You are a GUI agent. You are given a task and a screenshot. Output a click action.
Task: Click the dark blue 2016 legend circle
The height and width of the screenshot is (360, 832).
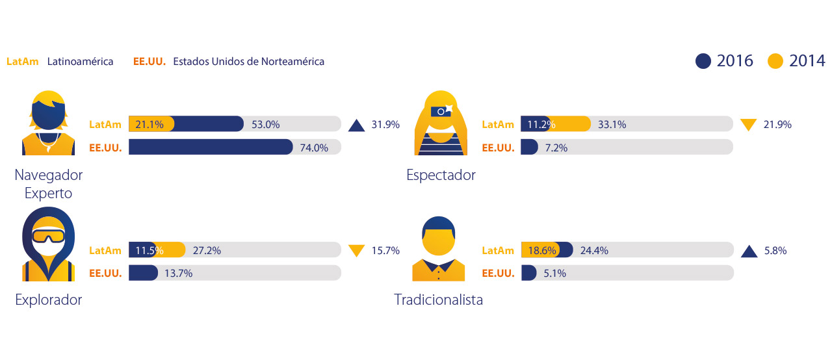point(703,61)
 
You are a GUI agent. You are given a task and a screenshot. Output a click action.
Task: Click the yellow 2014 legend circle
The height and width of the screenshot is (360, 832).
point(775,61)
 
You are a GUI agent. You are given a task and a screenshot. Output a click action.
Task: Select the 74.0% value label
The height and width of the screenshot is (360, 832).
point(315,148)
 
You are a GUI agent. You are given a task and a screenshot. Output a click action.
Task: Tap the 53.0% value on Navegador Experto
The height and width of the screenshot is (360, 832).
point(266,124)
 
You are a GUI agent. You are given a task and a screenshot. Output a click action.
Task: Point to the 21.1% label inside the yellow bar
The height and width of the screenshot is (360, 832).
point(151,124)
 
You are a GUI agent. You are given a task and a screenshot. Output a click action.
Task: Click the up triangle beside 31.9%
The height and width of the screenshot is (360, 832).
point(356,125)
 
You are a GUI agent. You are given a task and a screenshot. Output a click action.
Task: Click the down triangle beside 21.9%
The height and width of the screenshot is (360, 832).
point(749,124)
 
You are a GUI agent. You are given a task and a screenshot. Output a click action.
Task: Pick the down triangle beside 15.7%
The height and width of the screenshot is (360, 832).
point(356,250)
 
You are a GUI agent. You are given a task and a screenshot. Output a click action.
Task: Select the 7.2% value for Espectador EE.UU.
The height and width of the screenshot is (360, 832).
point(556,148)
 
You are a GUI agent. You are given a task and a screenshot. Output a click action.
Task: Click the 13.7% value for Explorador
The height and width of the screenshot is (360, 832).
point(178,274)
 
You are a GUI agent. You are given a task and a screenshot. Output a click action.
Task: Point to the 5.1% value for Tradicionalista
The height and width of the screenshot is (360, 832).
point(554,274)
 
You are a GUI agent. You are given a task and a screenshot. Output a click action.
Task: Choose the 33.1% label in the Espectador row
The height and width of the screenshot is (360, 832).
point(612,124)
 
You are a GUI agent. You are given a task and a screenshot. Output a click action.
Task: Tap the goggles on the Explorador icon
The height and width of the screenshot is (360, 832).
point(49,235)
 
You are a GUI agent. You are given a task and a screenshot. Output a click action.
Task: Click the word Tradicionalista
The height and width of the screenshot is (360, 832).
point(439,300)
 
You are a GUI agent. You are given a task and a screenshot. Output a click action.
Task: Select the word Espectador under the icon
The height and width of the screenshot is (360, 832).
point(441,175)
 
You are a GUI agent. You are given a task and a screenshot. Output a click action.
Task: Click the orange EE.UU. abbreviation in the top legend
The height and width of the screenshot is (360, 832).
point(149,62)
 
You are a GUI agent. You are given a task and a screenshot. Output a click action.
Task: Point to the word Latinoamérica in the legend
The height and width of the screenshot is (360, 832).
point(80,62)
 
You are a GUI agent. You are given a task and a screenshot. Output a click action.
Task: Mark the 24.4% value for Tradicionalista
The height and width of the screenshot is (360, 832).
point(594,250)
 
